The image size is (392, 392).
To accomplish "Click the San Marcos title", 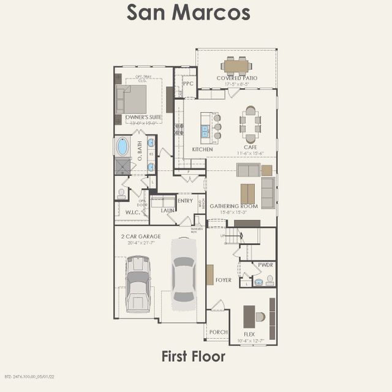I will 188,12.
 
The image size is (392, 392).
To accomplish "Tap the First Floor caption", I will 193,356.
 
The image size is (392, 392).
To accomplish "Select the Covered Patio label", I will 236,78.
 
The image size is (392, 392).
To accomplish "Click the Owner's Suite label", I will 143,116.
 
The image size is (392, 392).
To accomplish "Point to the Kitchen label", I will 202,149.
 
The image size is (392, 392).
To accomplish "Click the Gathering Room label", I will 236,206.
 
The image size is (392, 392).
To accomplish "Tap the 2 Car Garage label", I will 141,236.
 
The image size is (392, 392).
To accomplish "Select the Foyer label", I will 224,280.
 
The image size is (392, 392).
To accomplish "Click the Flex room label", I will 249,334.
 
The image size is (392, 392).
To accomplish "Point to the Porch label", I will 218,332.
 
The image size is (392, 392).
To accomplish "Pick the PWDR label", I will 265,265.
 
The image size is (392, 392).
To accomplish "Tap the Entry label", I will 185,201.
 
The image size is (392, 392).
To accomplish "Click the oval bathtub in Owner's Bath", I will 123,146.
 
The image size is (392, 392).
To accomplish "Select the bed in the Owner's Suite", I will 131,99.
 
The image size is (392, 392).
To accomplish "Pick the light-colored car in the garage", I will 183,273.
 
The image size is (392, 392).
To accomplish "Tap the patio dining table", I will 236,66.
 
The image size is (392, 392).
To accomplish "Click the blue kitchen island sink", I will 205,130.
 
